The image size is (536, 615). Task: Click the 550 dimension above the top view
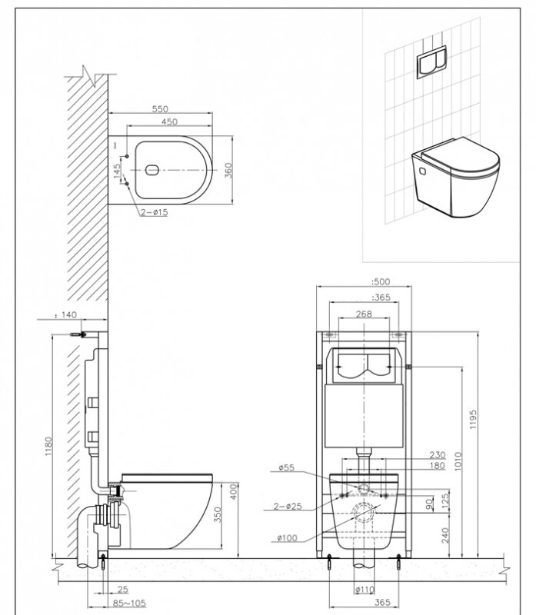coord(159,109)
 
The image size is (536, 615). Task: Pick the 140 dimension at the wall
coord(71,314)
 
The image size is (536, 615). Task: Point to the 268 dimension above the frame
coord(364,314)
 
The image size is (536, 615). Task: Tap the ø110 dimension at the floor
coord(364,590)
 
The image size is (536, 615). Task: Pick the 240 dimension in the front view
coord(446,534)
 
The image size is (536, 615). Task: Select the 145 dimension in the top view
coord(117,171)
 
